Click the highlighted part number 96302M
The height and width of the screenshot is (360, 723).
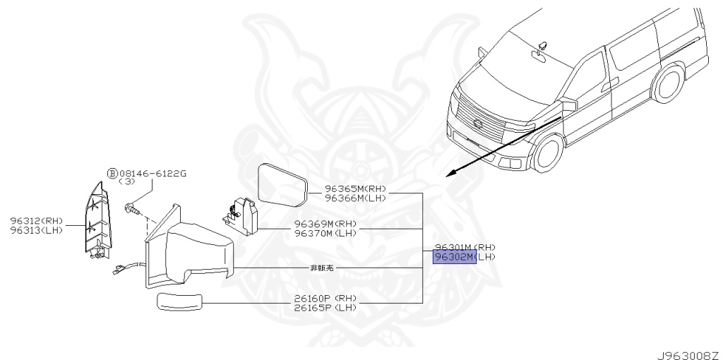tap(454, 257)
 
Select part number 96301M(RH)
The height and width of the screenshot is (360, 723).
tap(464, 247)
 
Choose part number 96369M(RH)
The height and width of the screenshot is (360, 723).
tap(325, 224)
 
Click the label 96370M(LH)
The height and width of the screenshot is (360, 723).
tap(325, 233)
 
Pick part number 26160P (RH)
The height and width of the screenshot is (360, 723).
tap(325, 299)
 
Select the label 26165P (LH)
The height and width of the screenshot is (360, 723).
tap(325, 307)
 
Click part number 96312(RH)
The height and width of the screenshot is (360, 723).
tap(37, 221)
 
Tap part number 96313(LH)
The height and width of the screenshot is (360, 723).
tap(37, 229)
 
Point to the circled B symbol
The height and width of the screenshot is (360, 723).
tap(112, 173)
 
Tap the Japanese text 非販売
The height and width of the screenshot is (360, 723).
tap(321, 268)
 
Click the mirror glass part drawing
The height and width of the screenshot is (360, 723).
tap(282, 182)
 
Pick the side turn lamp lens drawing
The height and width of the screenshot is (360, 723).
tap(179, 303)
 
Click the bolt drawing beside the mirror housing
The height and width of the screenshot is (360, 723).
tap(133, 208)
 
